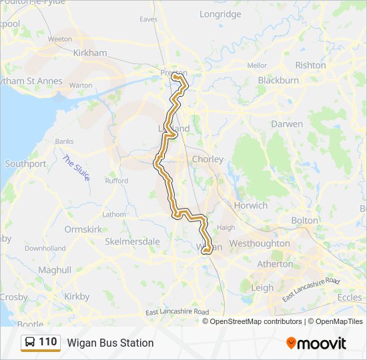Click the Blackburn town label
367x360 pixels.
point(278,81)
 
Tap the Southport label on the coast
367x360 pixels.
point(25,163)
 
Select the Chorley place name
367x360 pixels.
point(208,159)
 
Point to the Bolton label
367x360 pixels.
point(305,221)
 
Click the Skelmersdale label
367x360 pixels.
point(132,241)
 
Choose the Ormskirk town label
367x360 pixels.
point(83,229)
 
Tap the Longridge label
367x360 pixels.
point(220,14)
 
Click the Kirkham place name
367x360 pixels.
point(91,53)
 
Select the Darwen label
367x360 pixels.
point(287,124)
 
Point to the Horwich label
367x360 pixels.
point(250,206)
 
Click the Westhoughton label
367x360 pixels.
point(260,244)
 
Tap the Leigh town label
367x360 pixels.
point(262,288)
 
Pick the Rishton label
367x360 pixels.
point(310,65)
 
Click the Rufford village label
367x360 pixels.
point(116,181)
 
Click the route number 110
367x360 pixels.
point(48,342)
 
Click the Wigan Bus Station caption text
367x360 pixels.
point(110,343)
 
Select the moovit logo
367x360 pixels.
point(316,343)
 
